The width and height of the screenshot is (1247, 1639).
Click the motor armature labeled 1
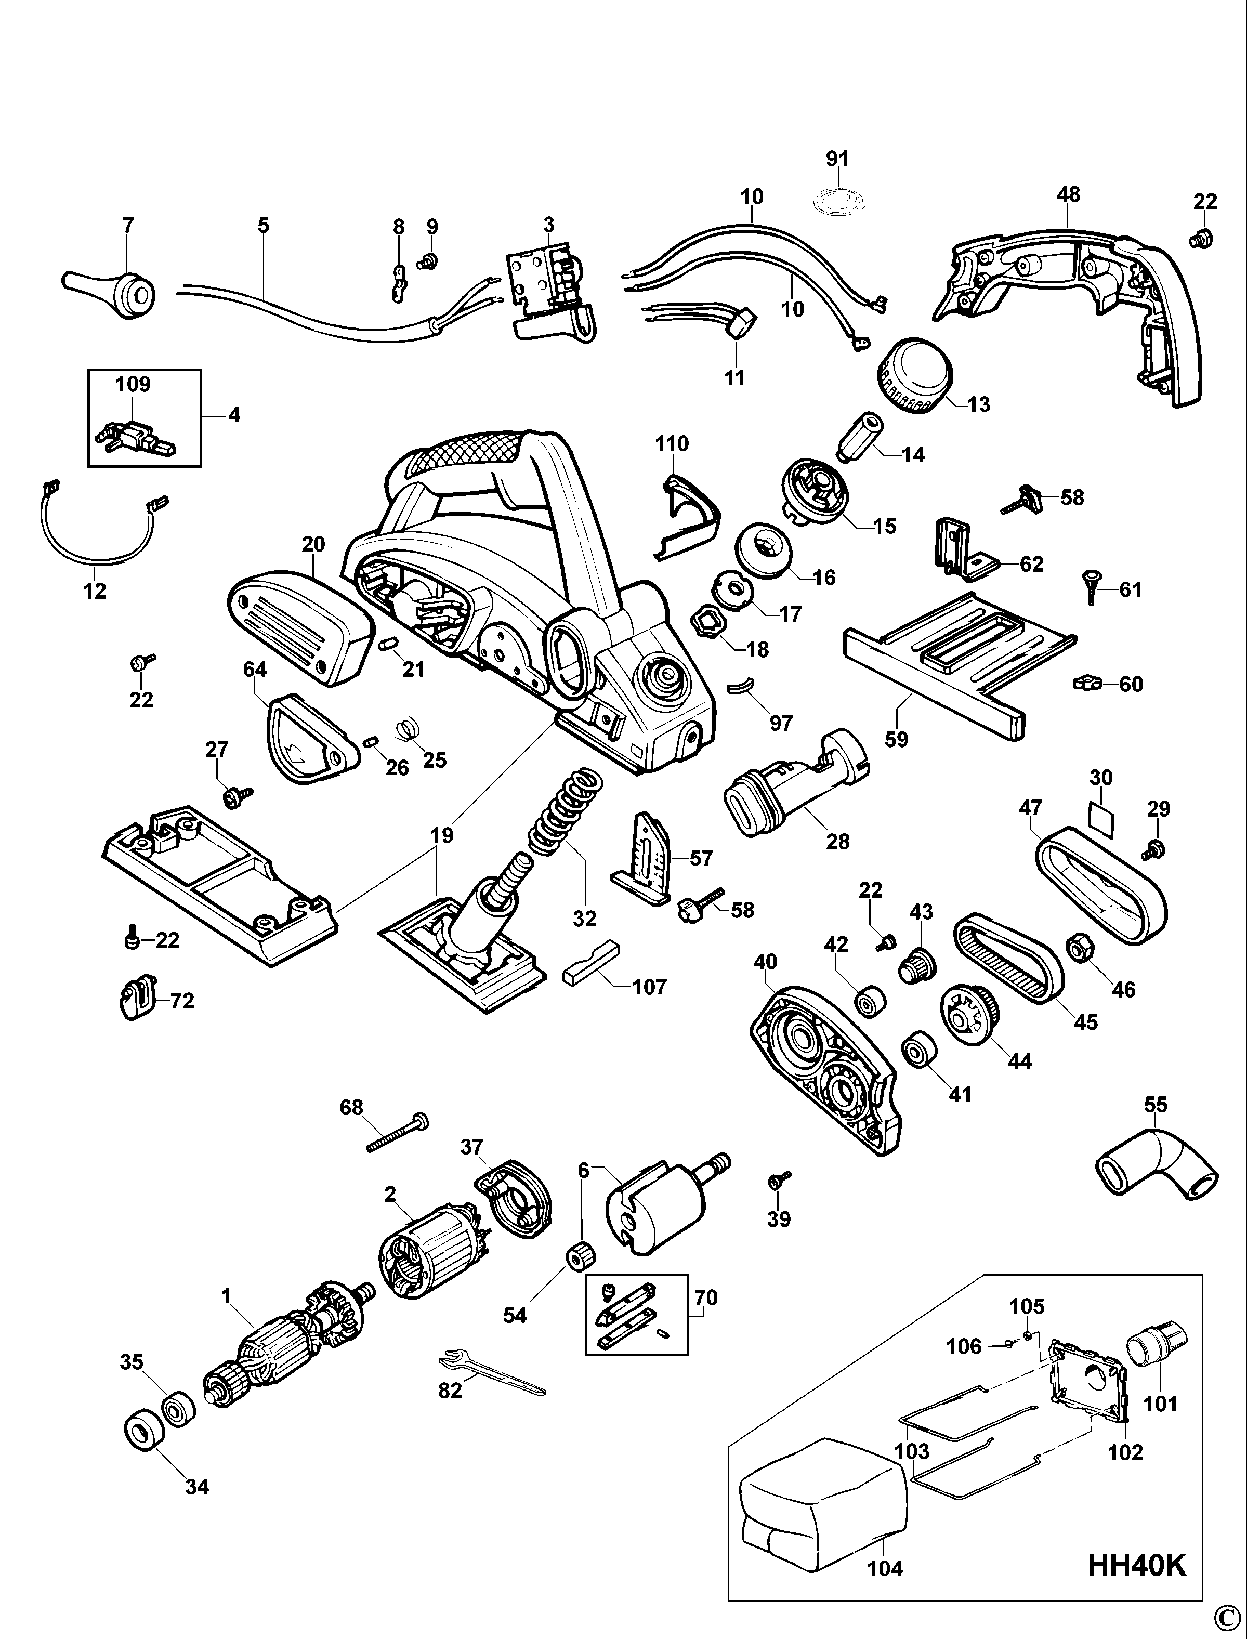[286, 1348]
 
